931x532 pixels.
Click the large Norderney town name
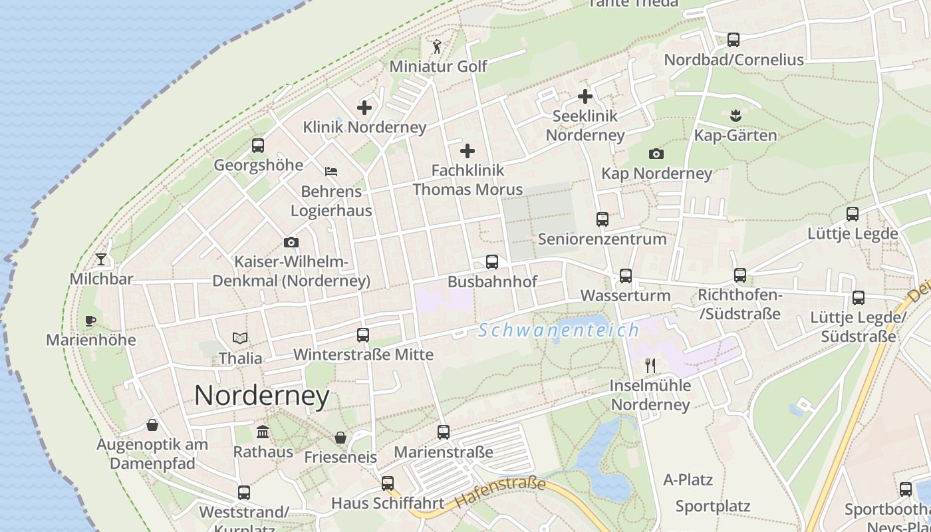click(x=262, y=396)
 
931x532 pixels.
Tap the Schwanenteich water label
click(x=559, y=330)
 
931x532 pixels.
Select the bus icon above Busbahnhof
click(x=492, y=262)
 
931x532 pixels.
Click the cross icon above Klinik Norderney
click(x=364, y=107)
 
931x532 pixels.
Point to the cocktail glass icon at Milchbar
click(x=101, y=259)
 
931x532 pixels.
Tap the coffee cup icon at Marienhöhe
click(x=90, y=321)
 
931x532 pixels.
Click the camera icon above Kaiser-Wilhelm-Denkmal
click(x=291, y=242)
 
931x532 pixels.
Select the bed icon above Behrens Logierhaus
click(x=331, y=172)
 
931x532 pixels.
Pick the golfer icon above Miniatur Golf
click(x=437, y=47)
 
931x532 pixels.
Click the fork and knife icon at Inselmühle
click(x=650, y=365)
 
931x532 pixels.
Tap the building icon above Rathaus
click(x=263, y=432)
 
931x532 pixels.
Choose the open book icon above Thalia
click(x=240, y=338)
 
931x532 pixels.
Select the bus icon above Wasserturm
click(x=625, y=276)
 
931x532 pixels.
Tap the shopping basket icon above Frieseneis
click(x=340, y=438)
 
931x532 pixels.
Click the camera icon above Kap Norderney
click(x=656, y=154)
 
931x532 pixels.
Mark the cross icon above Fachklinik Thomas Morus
click(x=467, y=151)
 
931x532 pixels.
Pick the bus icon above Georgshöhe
click(x=258, y=146)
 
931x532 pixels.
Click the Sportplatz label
click(x=713, y=506)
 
